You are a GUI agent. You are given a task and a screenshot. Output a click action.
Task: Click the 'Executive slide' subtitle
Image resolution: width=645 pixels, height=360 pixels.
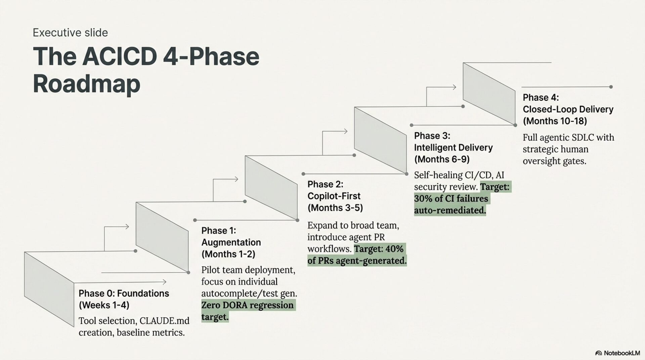tap(70, 33)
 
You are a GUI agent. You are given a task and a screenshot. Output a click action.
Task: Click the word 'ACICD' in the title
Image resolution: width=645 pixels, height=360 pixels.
tap(119, 56)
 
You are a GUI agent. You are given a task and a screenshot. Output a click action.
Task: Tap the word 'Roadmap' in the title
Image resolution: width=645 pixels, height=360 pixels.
tap(86, 84)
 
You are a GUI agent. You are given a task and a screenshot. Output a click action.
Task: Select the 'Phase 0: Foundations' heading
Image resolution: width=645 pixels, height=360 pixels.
tap(124, 293)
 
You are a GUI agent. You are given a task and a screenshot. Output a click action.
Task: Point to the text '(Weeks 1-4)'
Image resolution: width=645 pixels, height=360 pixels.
tap(104, 305)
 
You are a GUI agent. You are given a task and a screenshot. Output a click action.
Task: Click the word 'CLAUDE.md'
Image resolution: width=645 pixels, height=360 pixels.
tap(164, 321)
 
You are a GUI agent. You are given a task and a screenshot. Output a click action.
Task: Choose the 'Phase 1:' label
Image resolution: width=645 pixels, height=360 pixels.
tap(219, 230)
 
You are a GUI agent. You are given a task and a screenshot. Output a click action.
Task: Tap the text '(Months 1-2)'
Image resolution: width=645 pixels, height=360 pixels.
tap(228, 254)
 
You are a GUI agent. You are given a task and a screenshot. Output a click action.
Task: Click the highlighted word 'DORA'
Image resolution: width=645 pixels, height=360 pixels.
tap(234, 305)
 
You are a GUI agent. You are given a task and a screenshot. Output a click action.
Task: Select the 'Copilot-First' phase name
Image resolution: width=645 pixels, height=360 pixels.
tap(334, 196)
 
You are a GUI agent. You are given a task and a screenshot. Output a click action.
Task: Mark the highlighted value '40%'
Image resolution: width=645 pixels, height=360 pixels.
tap(394, 249)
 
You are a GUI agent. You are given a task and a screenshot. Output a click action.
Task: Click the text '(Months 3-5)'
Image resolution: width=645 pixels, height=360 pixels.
tap(335, 208)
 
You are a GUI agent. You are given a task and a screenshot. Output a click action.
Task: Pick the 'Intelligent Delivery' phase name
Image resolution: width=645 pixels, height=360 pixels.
tap(453, 147)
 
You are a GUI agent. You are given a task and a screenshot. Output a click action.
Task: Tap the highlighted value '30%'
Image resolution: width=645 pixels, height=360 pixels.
tap(423, 198)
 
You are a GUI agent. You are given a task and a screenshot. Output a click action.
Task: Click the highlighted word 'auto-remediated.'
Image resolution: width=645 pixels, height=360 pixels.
tap(450, 210)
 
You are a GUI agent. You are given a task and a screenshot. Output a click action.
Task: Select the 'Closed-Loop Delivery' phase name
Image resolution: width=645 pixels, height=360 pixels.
tap(568, 109)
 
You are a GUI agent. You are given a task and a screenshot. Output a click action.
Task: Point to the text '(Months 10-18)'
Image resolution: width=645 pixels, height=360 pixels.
tap(555, 121)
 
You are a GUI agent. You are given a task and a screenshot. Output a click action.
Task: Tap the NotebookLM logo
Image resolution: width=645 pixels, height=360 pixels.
tap(617, 353)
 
